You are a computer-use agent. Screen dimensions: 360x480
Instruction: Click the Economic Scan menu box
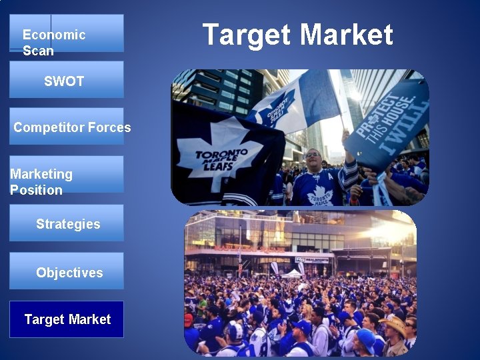(66, 33)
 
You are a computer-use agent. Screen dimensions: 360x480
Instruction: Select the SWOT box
(66, 80)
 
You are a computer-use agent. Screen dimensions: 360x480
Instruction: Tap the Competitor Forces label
(72, 127)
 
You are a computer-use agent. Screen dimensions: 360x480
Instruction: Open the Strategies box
(66, 223)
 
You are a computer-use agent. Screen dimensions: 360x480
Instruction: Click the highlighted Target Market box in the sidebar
(66, 319)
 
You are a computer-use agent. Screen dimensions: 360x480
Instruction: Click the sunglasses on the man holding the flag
(312, 155)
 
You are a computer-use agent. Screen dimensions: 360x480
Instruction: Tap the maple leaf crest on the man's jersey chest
(319, 195)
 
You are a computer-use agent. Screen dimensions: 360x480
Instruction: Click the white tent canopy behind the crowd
(291, 273)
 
